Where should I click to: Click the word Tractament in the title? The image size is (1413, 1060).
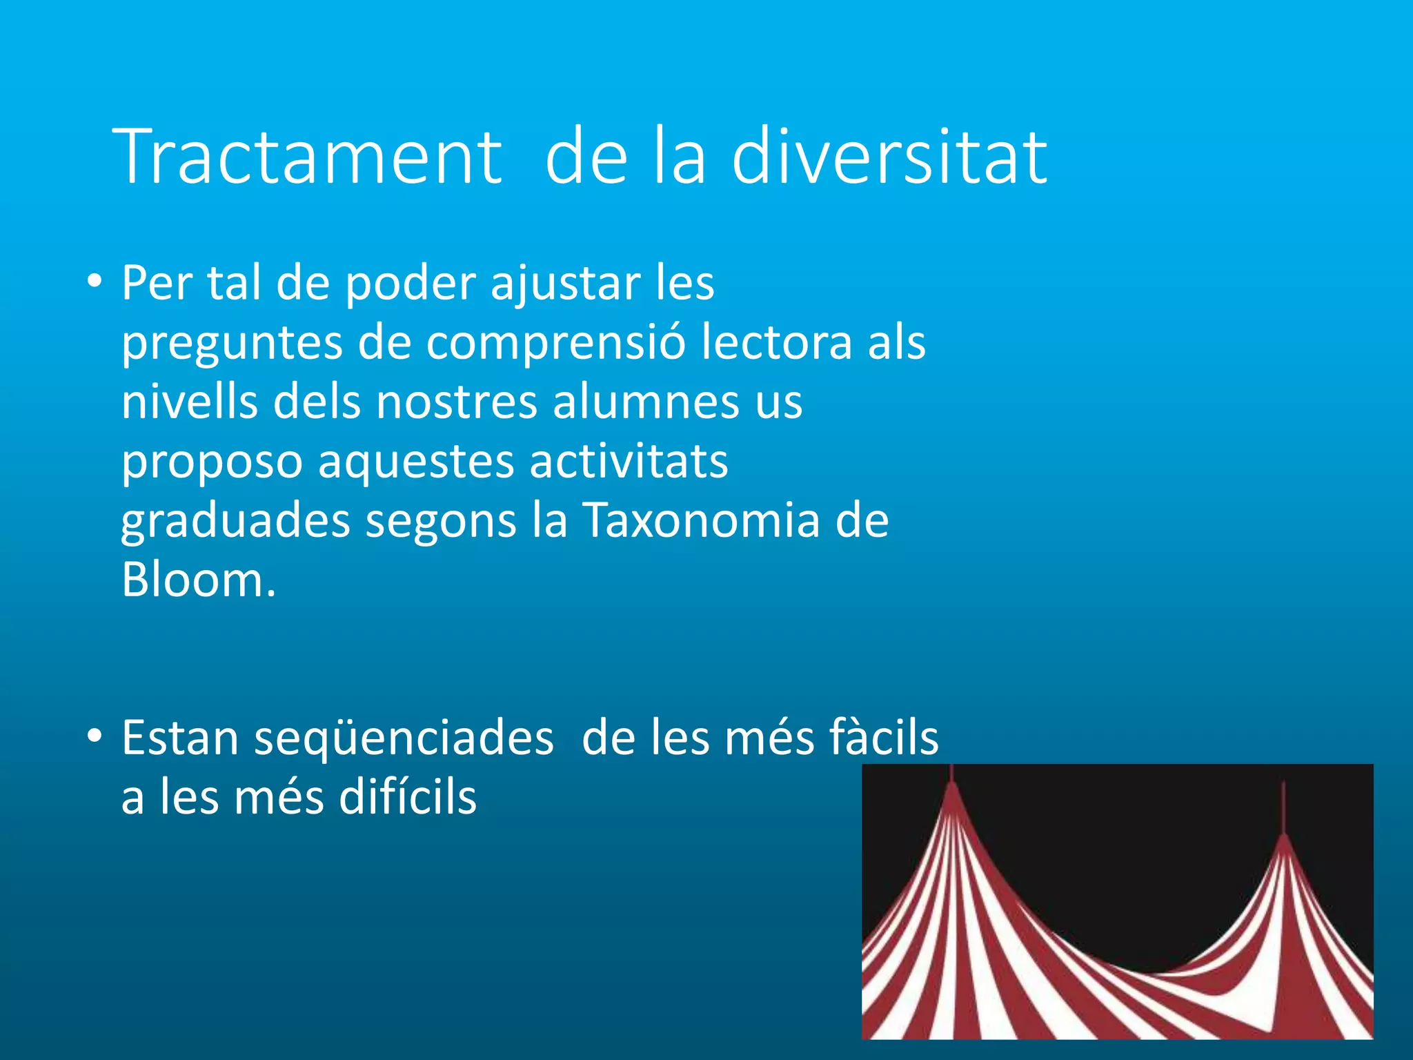click(310, 157)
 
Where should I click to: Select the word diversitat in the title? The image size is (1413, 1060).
click(889, 157)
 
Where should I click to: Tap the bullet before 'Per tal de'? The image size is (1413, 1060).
click(95, 282)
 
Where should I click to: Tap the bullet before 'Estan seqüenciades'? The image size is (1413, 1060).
click(95, 737)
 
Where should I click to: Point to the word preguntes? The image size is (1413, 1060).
click(232, 344)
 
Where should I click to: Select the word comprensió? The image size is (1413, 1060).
click(555, 344)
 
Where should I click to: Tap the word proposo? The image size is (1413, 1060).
click(212, 463)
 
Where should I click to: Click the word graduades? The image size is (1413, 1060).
click(235, 522)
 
